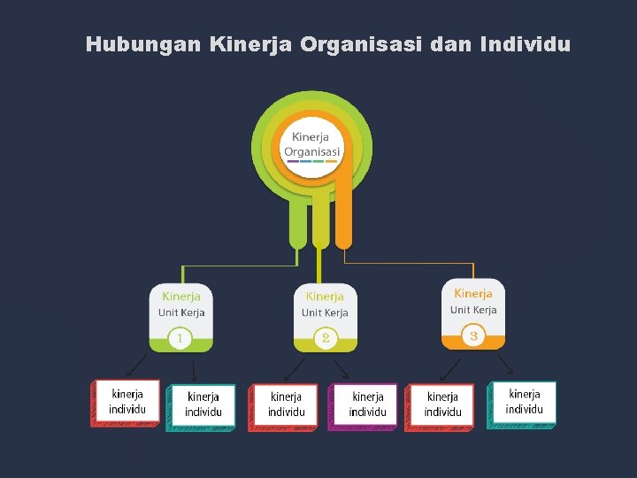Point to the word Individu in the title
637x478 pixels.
click(x=524, y=43)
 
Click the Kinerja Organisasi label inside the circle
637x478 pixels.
click(x=311, y=144)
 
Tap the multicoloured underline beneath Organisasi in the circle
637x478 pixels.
click(x=311, y=161)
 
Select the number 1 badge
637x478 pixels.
click(x=180, y=338)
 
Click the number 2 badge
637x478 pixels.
click(x=326, y=338)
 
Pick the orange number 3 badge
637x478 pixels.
click(x=474, y=335)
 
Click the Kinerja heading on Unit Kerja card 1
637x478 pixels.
click(x=180, y=297)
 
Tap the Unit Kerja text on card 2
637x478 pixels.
click(x=325, y=312)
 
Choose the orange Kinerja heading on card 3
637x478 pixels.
click(x=473, y=293)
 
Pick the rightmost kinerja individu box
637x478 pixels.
click(x=524, y=402)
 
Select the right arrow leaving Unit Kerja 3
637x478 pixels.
click(x=505, y=364)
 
